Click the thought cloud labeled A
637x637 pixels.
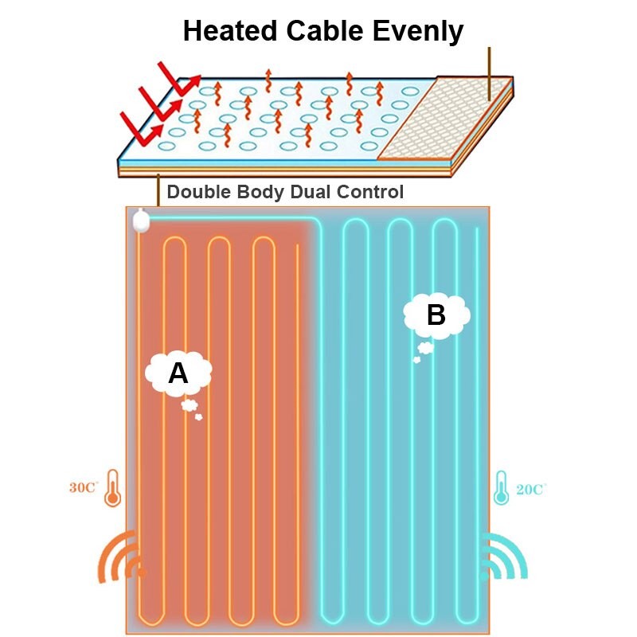(178, 373)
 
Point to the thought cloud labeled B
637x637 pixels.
(436, 316)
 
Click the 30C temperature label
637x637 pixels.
(83, 487)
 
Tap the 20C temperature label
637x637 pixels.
(530, 490)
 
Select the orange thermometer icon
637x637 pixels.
(111, 487)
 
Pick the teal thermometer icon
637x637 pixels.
(501, 488)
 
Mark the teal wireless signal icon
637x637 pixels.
(503, 557)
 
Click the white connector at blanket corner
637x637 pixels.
(142, 220)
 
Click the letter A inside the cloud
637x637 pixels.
(178, 373)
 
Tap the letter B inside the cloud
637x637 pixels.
(436, 315)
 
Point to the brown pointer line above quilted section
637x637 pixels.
(489, 72)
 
